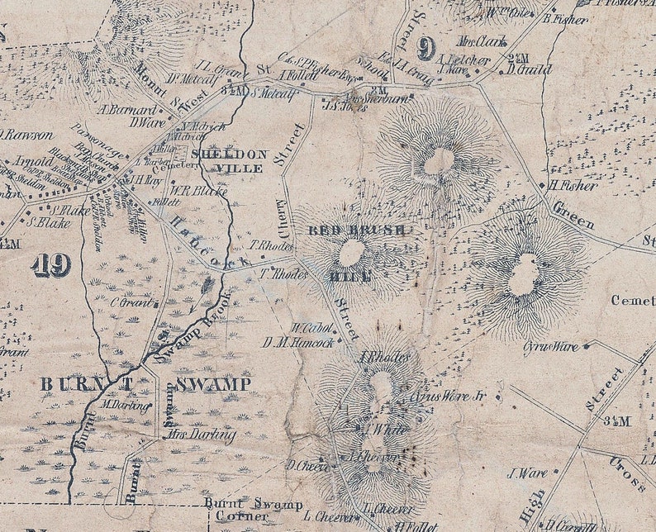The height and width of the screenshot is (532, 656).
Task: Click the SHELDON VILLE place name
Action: (x=229, y=160)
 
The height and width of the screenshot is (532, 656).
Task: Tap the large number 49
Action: (x=50, y=265)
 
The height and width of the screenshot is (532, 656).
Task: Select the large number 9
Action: (x=426, y=50)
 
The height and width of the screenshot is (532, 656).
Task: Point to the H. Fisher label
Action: (x=574, y=186)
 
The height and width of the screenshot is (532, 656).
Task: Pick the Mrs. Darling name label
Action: (x=202, y=435)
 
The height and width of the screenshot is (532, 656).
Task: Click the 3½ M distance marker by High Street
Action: (x=617, y=421)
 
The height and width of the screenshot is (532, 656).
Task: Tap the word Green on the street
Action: (x=573, y=216)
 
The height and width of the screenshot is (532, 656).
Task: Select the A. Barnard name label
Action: (x=127, y=109)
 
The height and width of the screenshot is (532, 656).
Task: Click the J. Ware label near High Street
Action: (x=526, y=473)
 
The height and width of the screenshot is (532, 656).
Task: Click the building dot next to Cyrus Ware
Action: (x=586, y=347)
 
